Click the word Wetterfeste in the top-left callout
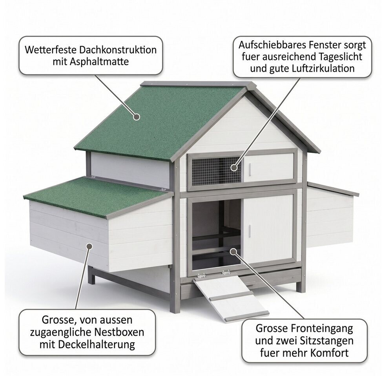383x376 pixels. (51, 50)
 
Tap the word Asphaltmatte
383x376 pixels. (99, 62)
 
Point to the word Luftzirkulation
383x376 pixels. (323, 69)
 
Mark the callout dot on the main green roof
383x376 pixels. (137, 117)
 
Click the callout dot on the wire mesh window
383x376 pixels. (234, 168)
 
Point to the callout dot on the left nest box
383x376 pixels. (89, 246)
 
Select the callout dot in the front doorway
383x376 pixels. (233, 251)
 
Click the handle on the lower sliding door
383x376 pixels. (250, 231)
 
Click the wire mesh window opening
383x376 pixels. (216, 171)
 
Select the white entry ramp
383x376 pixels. (231, 297)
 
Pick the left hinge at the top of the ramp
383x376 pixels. (201, 276)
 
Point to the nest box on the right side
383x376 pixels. (331, 215)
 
